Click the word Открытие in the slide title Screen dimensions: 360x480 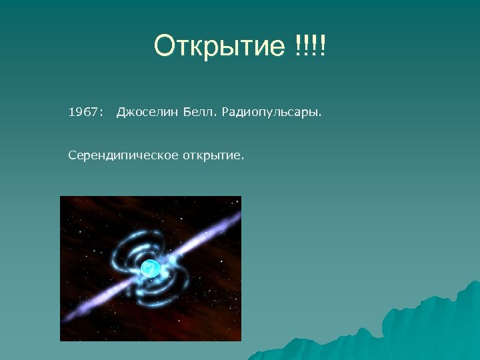(x=219, y=47)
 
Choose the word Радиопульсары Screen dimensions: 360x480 (x=268, y=113)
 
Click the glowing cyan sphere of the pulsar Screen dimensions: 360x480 (x=150, y=268)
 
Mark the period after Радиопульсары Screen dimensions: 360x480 (x=319, y=116)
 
